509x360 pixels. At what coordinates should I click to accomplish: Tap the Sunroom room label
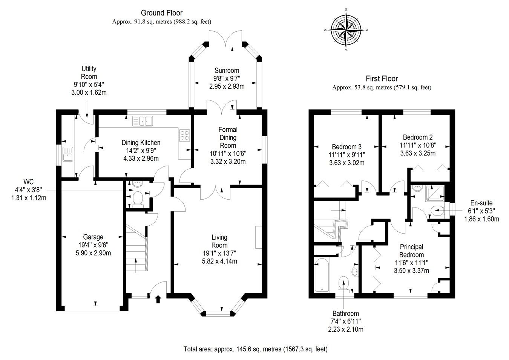pos(227,71)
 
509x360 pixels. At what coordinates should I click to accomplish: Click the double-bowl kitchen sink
pos(143,121)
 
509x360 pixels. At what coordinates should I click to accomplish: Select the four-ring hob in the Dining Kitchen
pos(185,135)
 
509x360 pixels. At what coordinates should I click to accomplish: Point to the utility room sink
pos(67,154)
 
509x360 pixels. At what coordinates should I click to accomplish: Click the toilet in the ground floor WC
pos(138,198)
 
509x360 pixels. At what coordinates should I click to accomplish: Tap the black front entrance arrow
pos(158,299)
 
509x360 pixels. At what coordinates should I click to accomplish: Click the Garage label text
pos(93,237)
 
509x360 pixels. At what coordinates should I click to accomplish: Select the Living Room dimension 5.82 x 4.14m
pos(219,261)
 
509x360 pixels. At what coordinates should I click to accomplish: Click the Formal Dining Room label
pos(228,137)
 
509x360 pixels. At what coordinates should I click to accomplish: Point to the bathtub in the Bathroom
pos(322,275)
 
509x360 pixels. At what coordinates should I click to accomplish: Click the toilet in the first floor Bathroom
pos(343,283)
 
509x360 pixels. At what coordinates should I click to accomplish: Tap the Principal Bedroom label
pos(411,251)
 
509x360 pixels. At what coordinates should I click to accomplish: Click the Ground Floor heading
pos(161,13)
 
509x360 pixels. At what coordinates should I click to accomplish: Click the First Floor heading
pos(382,78)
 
